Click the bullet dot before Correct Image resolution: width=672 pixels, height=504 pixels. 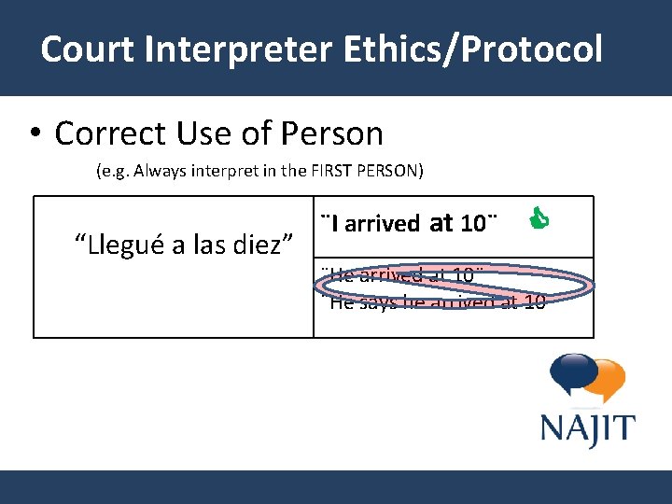34,134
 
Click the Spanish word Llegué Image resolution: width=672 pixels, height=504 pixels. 116,244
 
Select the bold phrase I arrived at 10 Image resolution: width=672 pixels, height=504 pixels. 408,224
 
